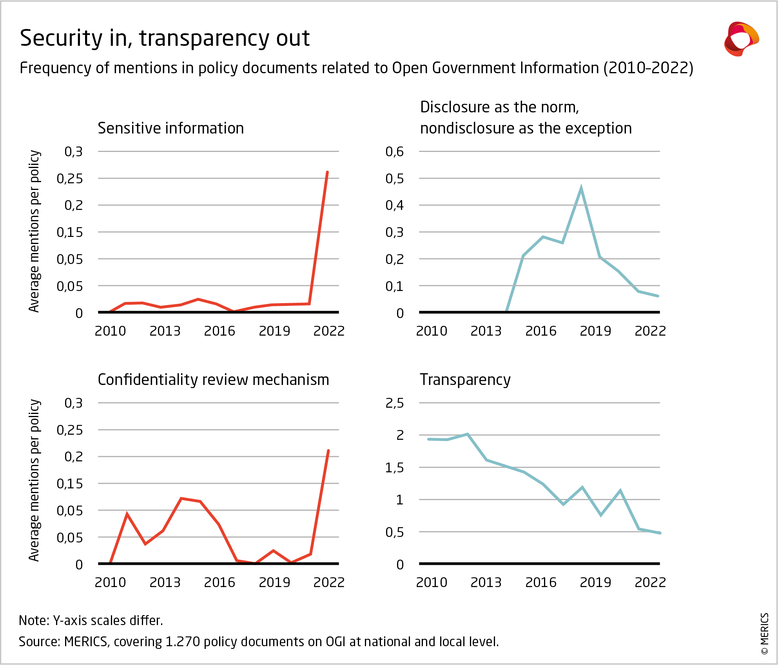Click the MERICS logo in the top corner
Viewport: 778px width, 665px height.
(x=741, y=39)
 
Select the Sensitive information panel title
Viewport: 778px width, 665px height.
(x=170, y=128)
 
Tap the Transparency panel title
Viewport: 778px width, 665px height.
(x=465, y=380)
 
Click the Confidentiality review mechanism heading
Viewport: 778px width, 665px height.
(x=213, y=380)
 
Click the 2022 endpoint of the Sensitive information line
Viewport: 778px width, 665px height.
(x=327, y=172)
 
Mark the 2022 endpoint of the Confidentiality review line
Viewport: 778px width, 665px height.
(x=328, y=451)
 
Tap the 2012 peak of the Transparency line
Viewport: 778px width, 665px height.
(x=468, y=434)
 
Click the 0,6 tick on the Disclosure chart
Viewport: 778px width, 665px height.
(x=394, y=152)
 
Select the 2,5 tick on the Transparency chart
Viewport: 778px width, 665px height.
(x=394, y=403)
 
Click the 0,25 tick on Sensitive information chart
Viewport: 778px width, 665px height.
(x=70, y=179)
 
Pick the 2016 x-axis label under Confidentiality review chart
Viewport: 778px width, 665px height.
(x=219, y=582)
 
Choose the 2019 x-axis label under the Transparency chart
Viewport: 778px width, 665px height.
(x=595, y=582)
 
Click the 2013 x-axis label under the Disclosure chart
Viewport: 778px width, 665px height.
(x=486, y=331)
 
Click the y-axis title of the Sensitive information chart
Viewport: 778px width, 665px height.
(x=34, y=231)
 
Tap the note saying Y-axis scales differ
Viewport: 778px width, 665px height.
(x=91, y=620)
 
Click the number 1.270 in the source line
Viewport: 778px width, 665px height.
(x=183, y=642)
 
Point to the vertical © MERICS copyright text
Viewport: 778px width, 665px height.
(x=764, y=633)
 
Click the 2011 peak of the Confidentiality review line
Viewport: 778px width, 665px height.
(x=127, y=514)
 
